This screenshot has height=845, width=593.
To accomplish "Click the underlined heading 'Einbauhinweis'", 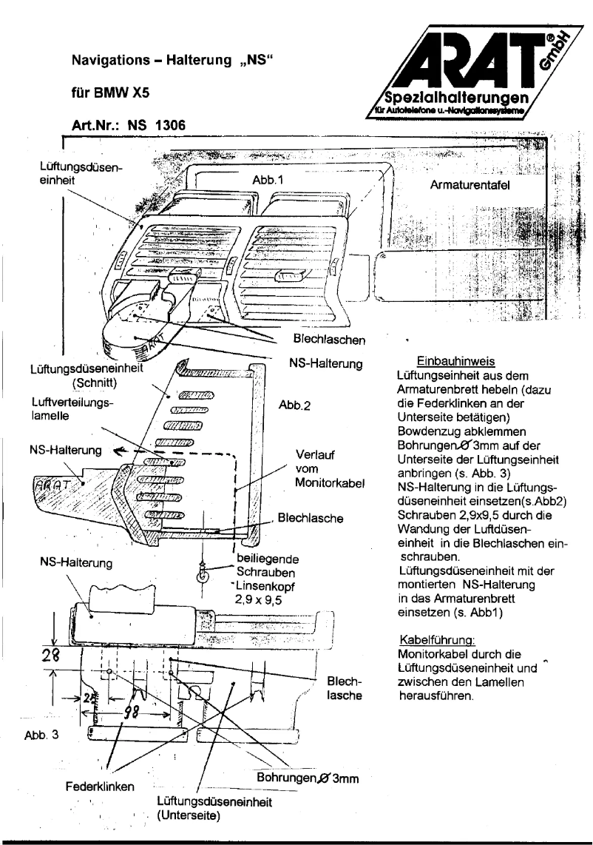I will (451, 362).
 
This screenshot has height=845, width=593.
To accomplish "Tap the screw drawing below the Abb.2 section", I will (200, 570).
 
